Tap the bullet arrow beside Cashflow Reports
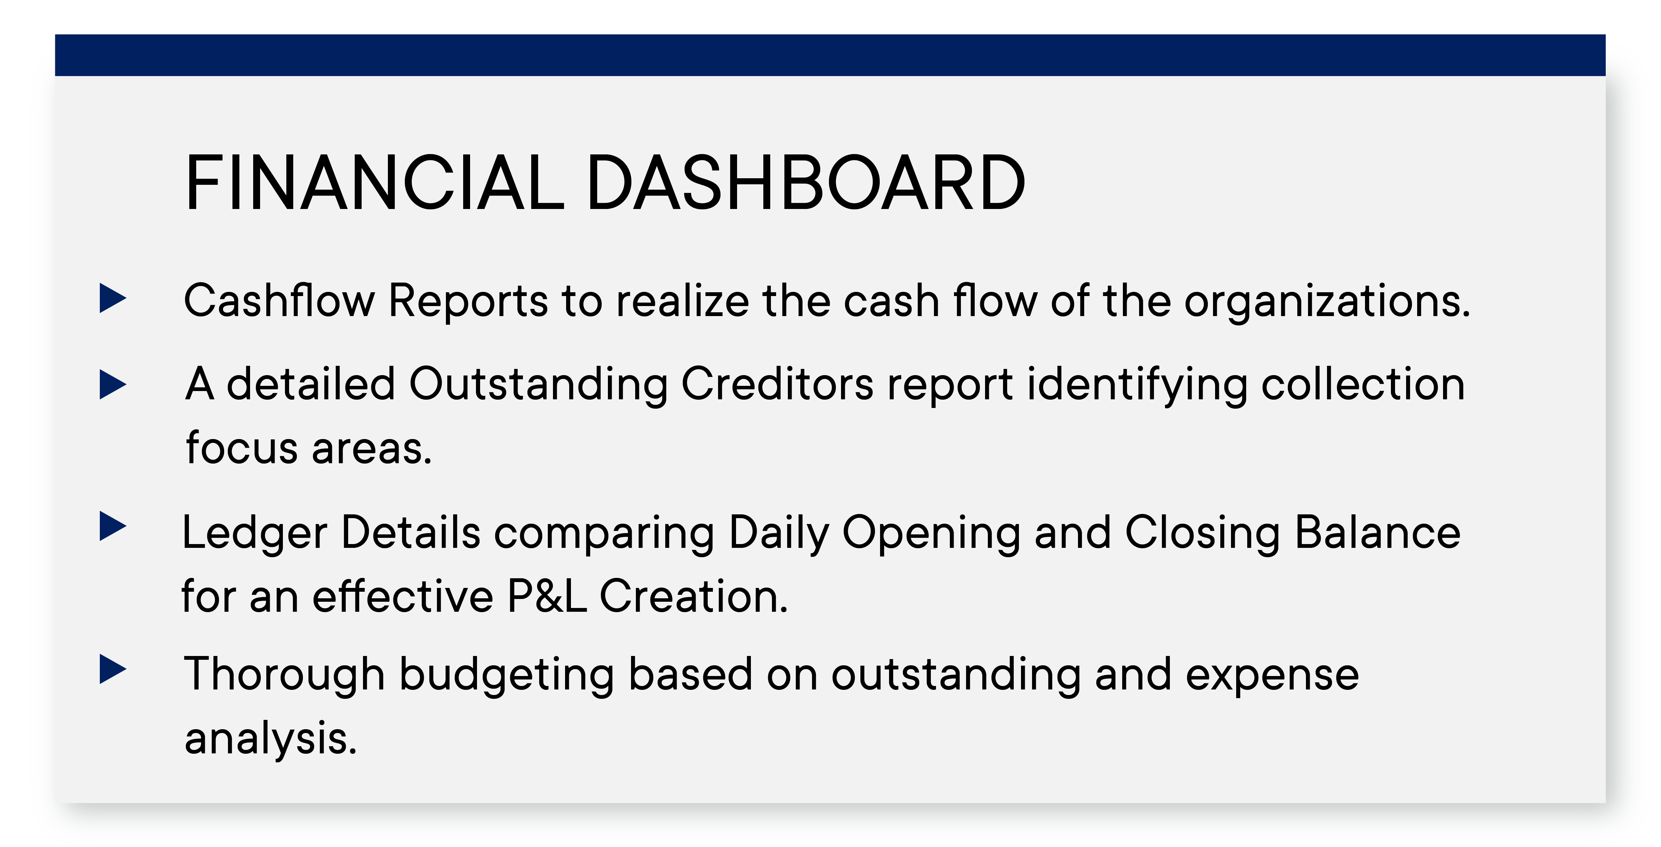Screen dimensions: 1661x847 click(x=113, y=299)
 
